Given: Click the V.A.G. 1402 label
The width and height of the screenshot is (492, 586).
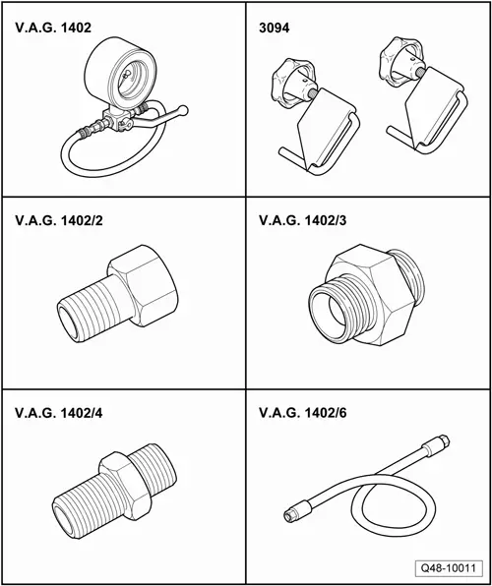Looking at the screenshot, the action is coord(53,28).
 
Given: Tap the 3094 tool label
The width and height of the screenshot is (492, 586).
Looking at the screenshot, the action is coord(274,29).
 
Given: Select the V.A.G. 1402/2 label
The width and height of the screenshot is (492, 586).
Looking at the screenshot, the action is coord(59,220).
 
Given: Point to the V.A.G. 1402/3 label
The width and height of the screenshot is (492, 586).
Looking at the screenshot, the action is coord(303,220).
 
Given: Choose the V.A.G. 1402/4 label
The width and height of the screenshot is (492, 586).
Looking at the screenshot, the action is coord(59,413).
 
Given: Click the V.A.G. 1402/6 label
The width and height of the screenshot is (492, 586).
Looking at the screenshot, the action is coord(303,413).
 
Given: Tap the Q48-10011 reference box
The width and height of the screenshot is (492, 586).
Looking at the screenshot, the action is coord(449,568).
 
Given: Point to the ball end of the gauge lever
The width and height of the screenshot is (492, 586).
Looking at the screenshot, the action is coord(183,110).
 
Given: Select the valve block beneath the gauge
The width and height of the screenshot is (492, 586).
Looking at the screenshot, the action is coord(117,119).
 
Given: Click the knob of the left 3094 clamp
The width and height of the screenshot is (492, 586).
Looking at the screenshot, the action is coord(292,83).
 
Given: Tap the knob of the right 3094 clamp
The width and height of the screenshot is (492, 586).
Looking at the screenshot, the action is coord(401,59).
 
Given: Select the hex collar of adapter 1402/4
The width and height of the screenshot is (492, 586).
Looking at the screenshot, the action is coord(125,486).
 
